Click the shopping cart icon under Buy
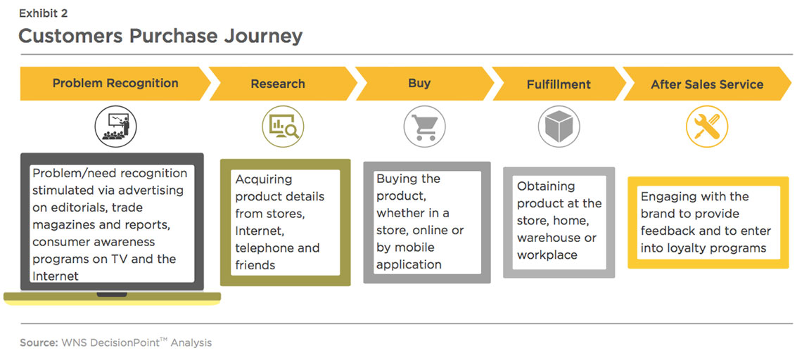[425, 127]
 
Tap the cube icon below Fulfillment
[559, 127]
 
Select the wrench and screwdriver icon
[707, 127]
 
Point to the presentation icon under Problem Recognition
[115, 127]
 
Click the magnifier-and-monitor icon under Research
[283, 127]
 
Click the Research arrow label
[278, 84]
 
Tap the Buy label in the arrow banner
[419, 84]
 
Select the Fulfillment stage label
[559, 84]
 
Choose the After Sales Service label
[707, 84]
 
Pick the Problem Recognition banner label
[115, 83]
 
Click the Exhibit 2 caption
[44, 13]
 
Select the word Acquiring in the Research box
[264, 180]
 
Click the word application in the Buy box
[409, 265]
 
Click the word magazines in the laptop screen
[61, 225]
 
